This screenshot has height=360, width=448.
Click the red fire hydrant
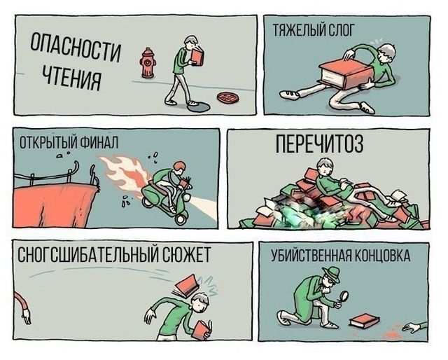point(147,63)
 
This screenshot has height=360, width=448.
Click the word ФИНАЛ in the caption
point(97,143)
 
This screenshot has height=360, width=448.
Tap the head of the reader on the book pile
point(323,167)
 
